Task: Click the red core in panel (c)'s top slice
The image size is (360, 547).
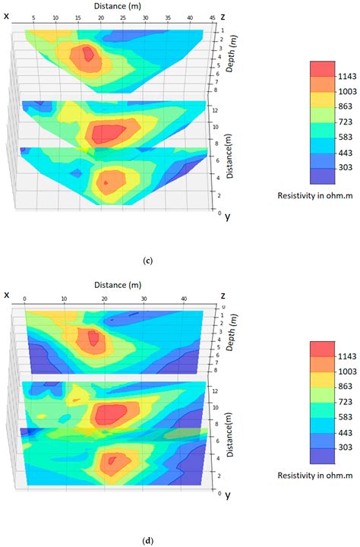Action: coord(88,54)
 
